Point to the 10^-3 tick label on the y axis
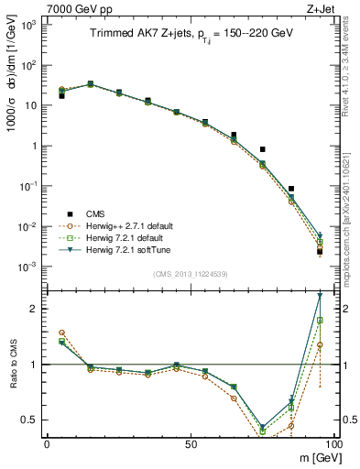pos(27,267)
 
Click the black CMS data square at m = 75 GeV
pos(262,149)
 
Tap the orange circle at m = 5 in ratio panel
pos(61,333)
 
